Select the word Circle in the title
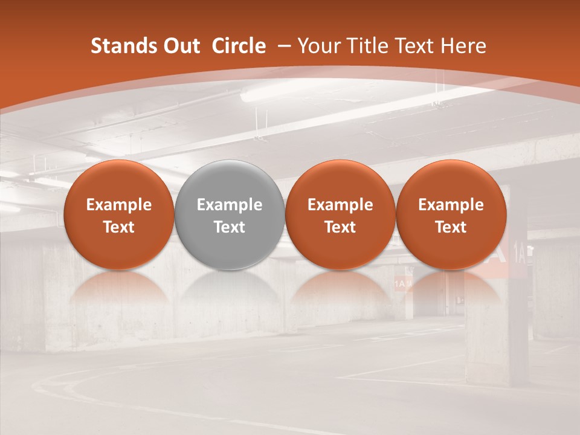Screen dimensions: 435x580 pos(239,46)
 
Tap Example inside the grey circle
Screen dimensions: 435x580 pos(230,205)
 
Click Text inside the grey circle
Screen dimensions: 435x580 pos(230,227)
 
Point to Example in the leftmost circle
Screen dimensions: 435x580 pos(118,205)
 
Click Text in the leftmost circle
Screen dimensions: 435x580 pos(118,227)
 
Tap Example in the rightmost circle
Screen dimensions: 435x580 pos(451,205)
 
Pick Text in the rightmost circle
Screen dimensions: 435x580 pos(451,227)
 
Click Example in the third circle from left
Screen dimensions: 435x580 pos(340,205)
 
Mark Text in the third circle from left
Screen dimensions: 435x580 pos(340,227)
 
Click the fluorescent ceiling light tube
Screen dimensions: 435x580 pos(284,91)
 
